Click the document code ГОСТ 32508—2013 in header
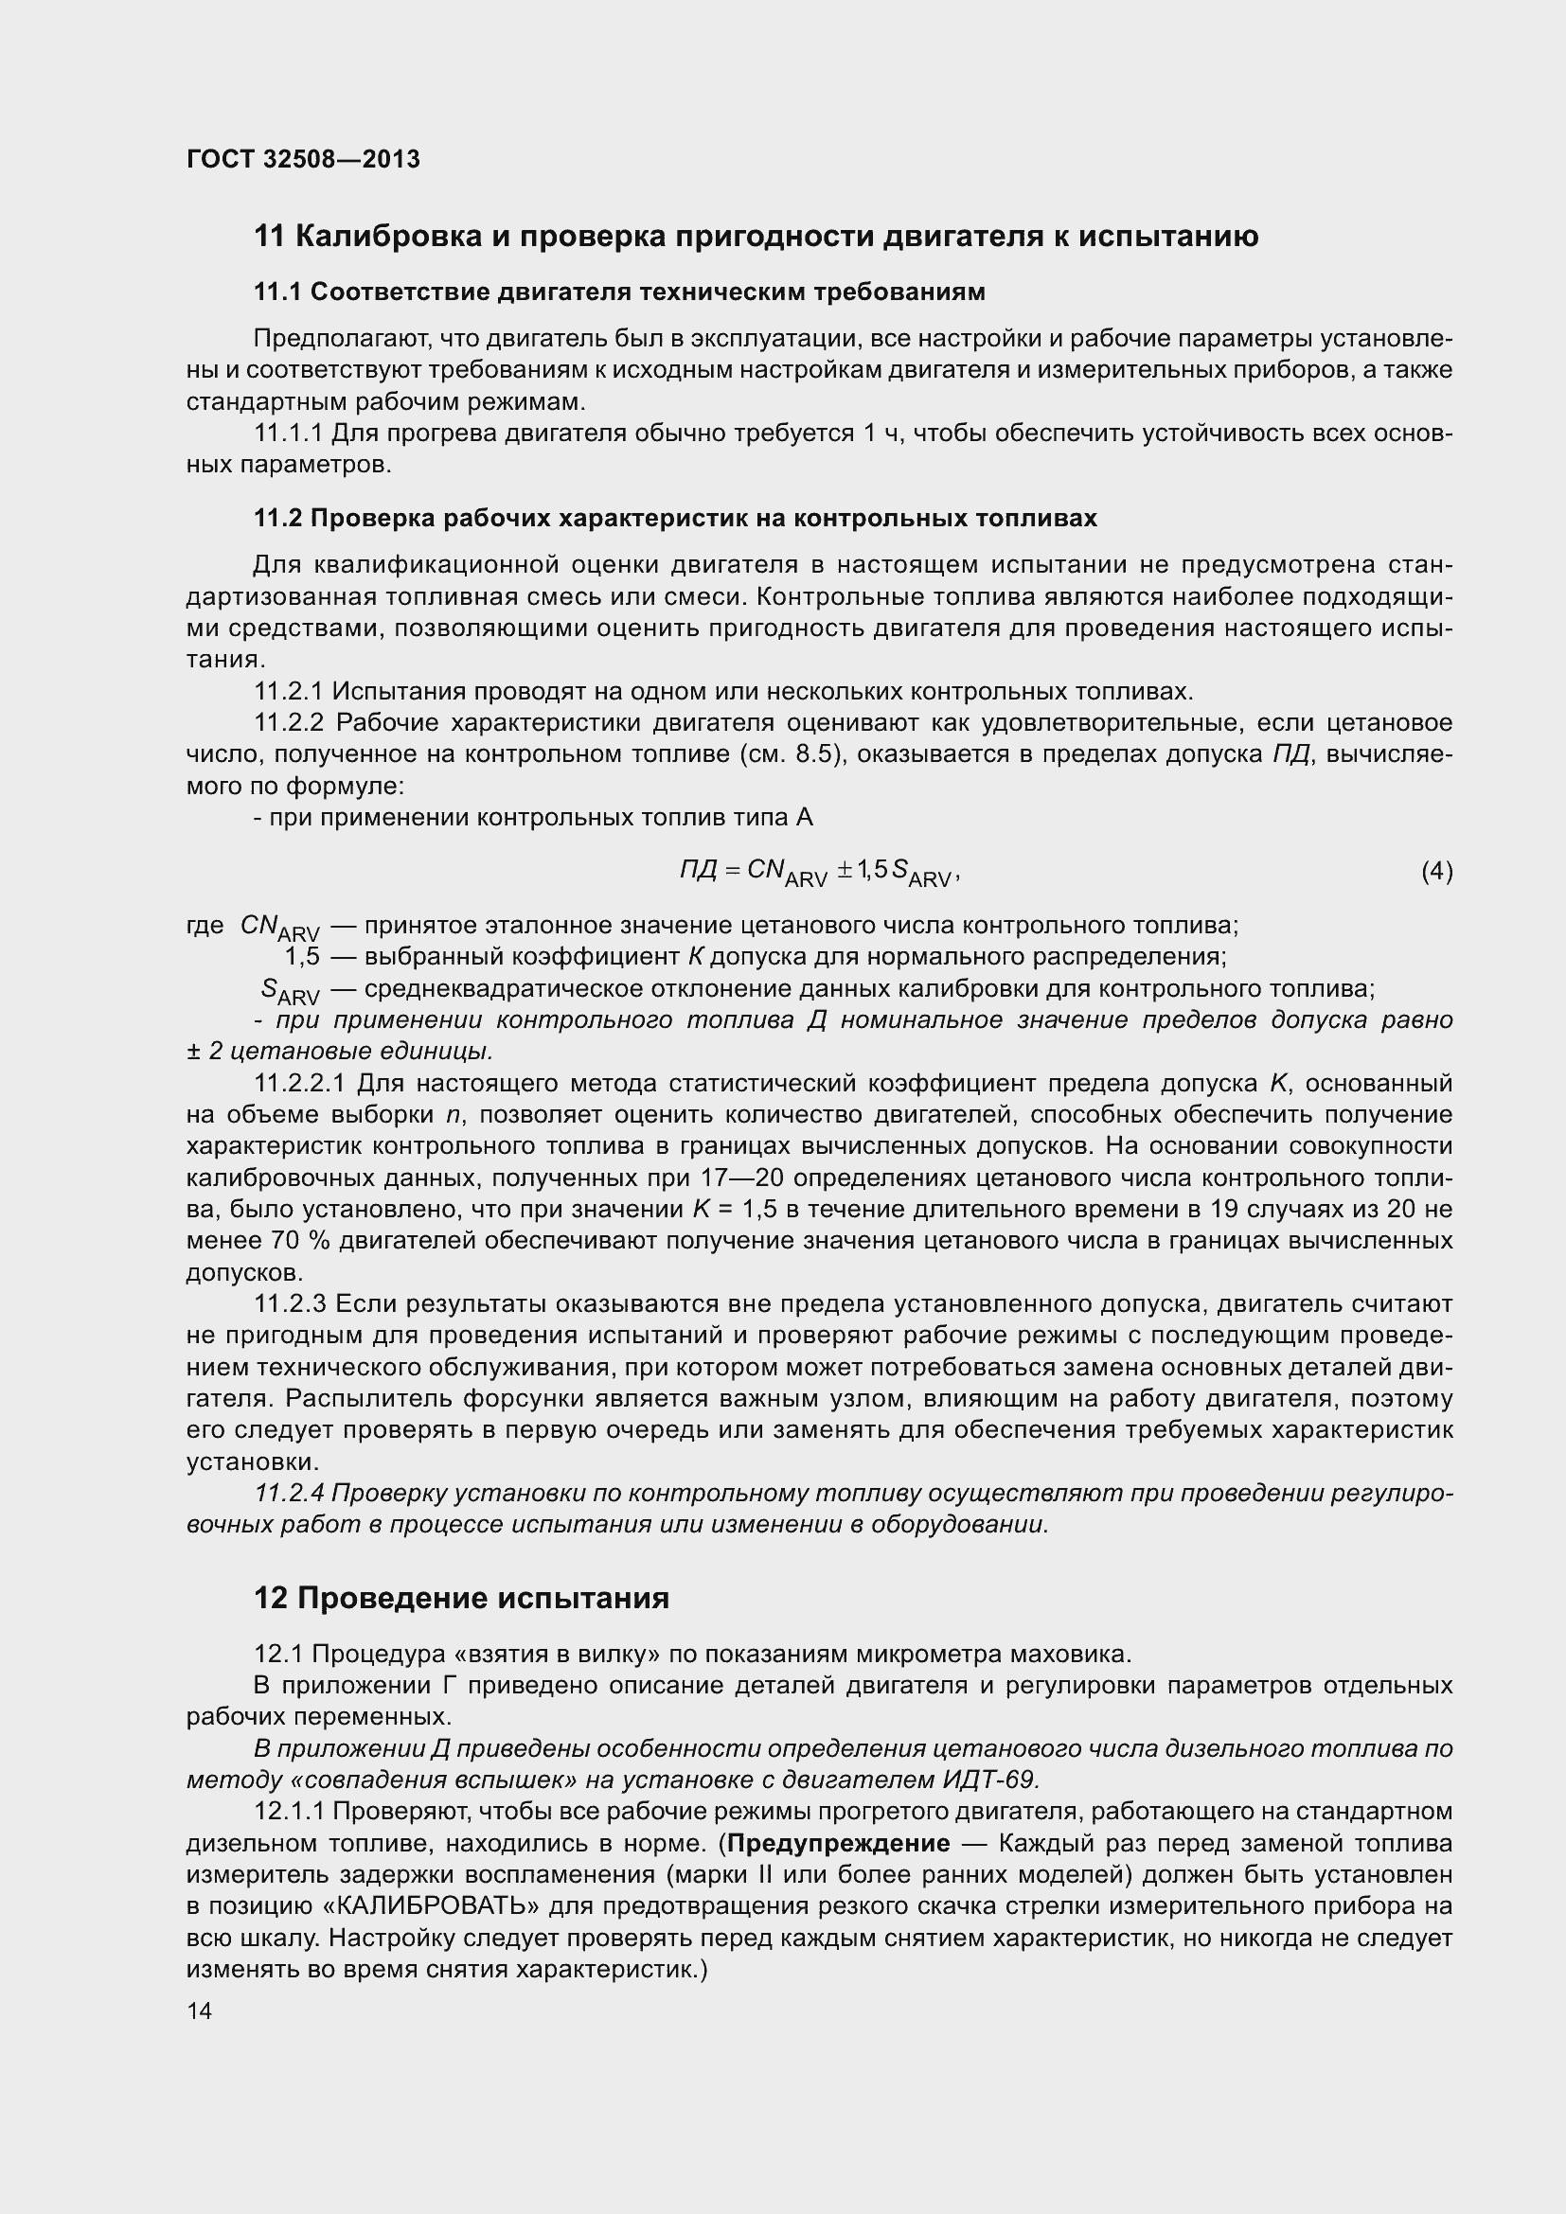tap(303, 160)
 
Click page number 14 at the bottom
tap(199, 2010)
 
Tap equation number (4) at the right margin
tap(1436, 872)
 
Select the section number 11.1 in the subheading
tap(277, 292)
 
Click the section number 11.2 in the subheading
tap(277, 519)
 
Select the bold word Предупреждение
tap(838, 1844)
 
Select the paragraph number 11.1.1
tap(289, 434)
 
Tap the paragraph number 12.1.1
tap(289, 1812)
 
